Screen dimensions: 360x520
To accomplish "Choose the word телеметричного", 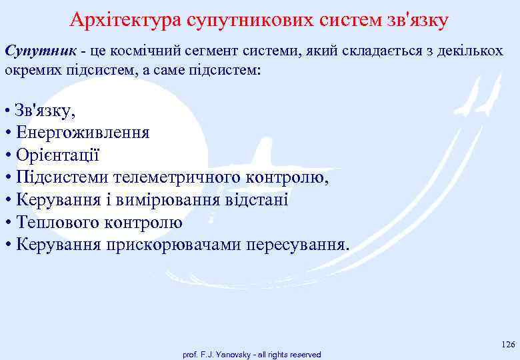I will coord(175,177).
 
